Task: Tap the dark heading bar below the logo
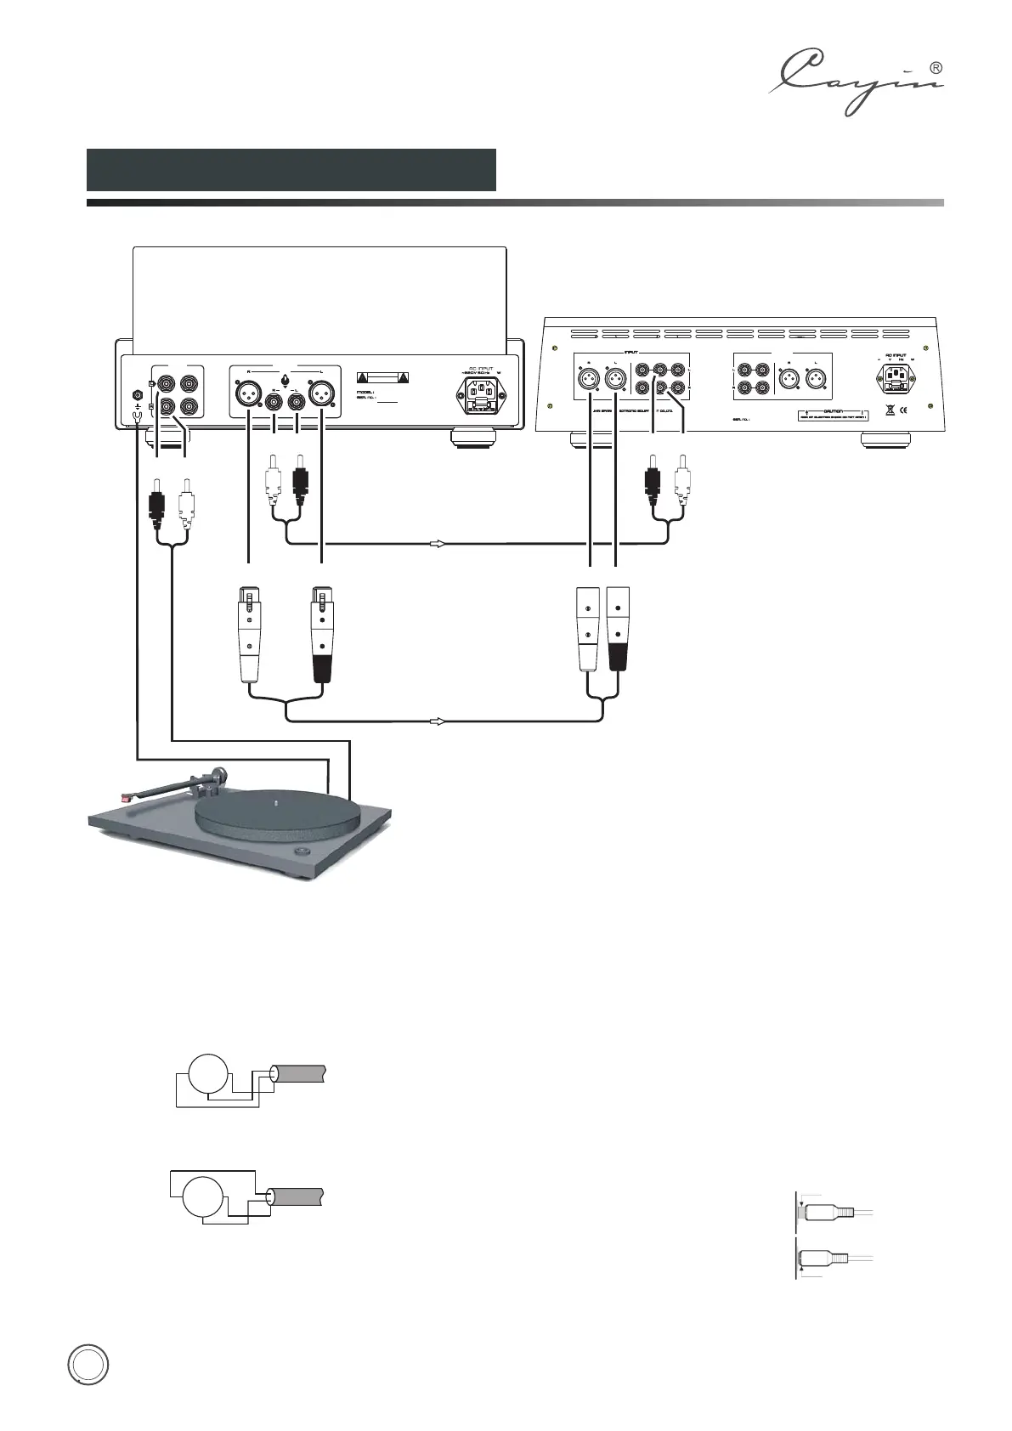coord(291,170)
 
